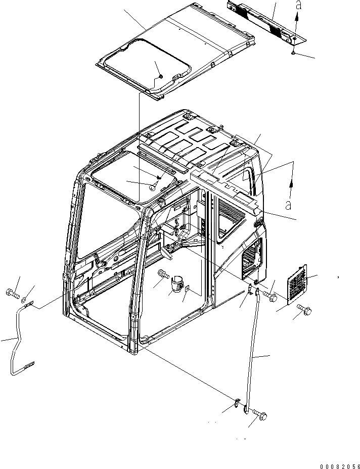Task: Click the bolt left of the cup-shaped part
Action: pyautogui.click(x=163, y=274)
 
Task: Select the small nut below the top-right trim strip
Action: pyautogui.click(x=293, y=53)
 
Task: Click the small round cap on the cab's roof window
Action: pyautogui.click(x=151, y=186)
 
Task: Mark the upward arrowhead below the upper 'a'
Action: pyautogui.click(x=296, y=16)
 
